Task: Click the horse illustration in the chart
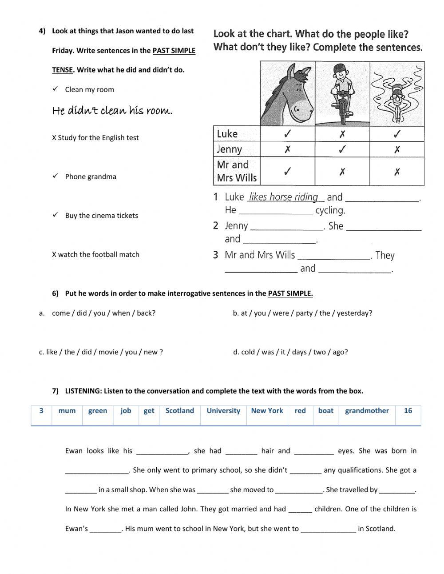point(287,94)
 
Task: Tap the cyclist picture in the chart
point(342,94)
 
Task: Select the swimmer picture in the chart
point(397,94)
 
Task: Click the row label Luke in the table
point(227,134)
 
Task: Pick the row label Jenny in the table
point(230,149)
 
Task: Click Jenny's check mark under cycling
point(342,149)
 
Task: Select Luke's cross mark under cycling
point(342,134)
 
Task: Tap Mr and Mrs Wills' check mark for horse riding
point(287,171)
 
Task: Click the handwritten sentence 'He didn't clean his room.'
point(112,111)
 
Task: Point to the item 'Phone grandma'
point(91,177)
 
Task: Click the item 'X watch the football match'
point(95,254)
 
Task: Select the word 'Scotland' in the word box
point(179,411)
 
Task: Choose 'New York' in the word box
point(267,411)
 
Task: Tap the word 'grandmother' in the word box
point(367,411)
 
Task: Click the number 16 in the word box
point(408,411)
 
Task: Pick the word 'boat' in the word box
point(325,411)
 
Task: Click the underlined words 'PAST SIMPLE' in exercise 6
point(290,293)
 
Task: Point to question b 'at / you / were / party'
point(302,313)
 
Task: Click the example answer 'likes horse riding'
point(284,197)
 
